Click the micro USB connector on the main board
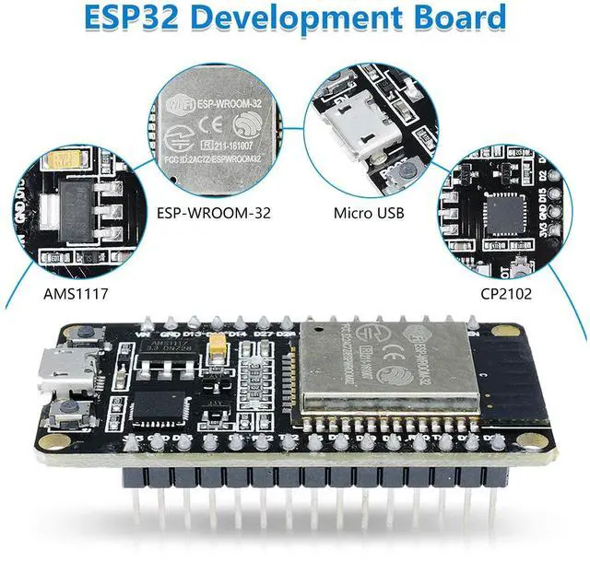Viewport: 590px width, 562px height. click(69, 371)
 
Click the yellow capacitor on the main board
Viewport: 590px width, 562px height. click(219, 349)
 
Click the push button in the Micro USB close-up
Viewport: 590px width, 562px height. click(400, 169)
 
